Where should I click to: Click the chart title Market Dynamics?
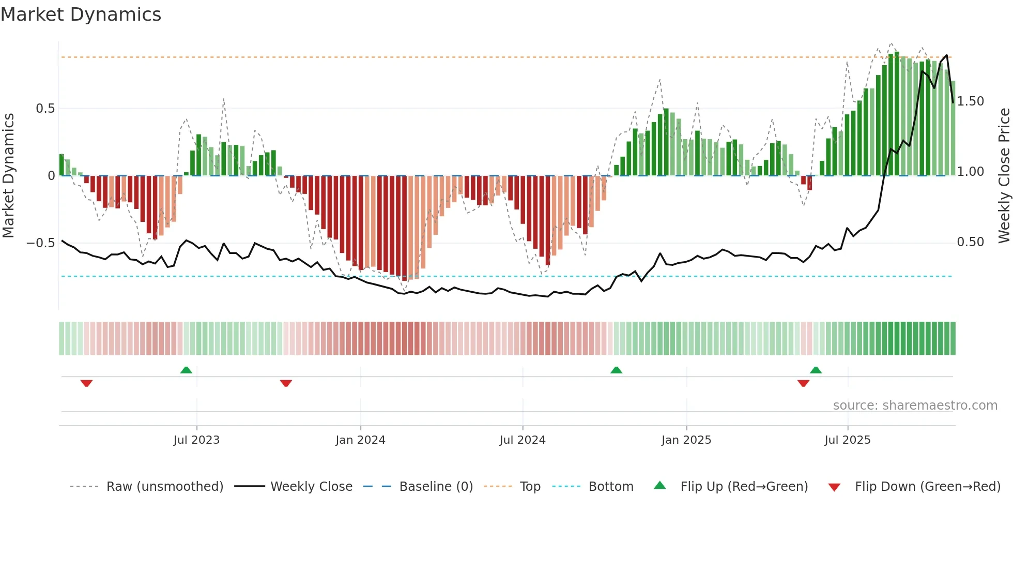tap(81, 14)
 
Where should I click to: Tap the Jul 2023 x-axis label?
tap(196, 440)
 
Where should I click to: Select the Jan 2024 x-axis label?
tap(360, 440)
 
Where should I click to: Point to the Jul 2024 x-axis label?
tap(522, 440)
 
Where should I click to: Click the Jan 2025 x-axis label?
tap(686, 440)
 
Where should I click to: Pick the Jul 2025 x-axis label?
tap(847, 440)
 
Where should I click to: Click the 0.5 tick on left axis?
tap(45, 109)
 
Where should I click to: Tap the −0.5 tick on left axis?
tap(41, 243)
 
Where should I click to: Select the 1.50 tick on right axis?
tap(970, 101)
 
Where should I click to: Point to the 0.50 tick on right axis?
tap(970, 242)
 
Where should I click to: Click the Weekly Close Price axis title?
tap(1004, 175)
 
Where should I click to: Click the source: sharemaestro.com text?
tap(915, 406)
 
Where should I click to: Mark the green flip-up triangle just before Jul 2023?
tap(186, 370)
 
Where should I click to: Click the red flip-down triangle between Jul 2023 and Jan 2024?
tap(286, 383)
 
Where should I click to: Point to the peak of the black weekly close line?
tap(947, 55)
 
